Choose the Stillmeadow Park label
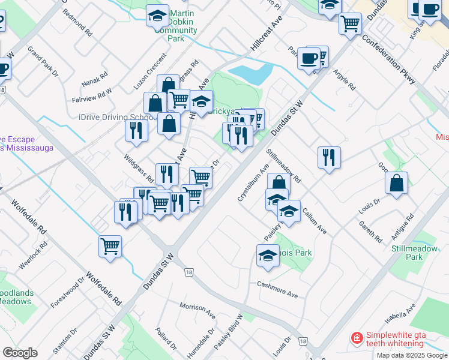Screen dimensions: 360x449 click(x=406, y=253)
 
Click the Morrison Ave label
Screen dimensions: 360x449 click(x=197, y=310)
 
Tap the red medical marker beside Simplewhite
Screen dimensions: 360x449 click(x=357, y=338)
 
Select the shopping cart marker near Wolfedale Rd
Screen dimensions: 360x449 click(x=110, y=246)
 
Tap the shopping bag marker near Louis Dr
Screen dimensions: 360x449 click(x=397, y=184)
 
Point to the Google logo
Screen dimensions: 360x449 click(x=20, y=353)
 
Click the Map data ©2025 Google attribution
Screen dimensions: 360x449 click(x=412, y=355)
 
